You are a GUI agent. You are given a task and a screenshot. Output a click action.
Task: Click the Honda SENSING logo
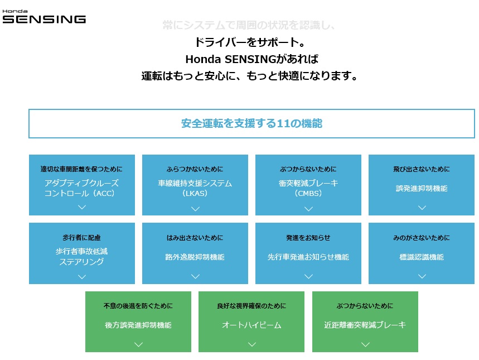[x=44, y=17]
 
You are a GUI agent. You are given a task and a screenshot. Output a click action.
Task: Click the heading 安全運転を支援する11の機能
[x=251, y=123]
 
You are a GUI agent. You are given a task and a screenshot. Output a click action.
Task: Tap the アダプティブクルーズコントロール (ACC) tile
[x=82, y=185]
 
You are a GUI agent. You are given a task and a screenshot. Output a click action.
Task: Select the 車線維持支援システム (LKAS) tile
[x=195, y=185]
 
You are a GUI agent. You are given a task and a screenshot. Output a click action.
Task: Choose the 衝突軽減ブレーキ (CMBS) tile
[x=308, y=185]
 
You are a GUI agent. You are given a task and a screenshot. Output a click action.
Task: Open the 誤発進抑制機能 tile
[x=422, y=185]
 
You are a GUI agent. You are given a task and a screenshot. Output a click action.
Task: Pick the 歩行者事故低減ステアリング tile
[x=82, y=253]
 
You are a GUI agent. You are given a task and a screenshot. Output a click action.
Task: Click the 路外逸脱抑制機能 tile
[x=195, y=253]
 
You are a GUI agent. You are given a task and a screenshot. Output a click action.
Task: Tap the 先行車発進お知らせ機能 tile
[x=308, y=253]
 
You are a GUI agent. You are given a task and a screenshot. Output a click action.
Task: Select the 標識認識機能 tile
[x=422, y=253]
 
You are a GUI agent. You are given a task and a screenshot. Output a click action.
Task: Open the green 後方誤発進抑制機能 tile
[x=138, y=321]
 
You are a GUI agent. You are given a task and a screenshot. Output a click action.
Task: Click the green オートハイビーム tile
[x=251, y=321]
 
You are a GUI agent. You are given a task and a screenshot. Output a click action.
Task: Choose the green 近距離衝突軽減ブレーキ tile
[x=365, y=321]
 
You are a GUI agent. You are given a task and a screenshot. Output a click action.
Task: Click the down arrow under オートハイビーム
[x=251, y=344]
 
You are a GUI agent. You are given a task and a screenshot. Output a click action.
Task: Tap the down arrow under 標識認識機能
[x=422, y=276]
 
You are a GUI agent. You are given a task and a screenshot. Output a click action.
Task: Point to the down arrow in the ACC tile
[x=82, y=207]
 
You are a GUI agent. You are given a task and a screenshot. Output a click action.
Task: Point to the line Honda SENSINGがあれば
[x=251, y=59]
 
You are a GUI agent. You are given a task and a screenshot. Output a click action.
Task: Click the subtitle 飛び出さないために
[x=422, y=169]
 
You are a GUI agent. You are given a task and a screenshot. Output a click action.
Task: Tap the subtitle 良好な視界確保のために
[x=251, y=306]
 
